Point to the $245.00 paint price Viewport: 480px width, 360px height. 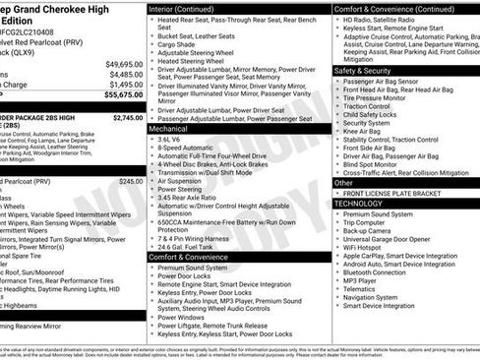131,182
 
